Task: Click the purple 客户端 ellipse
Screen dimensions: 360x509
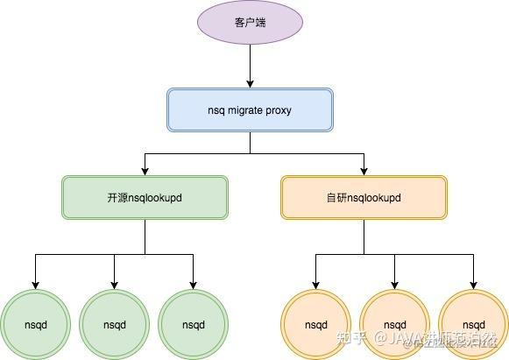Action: tap(250, 21)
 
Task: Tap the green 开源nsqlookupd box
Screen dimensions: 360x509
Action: tap(145, 197)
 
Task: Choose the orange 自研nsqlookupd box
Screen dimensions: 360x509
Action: tap(364, 197)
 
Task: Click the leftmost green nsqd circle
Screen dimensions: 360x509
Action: tap(36, 324)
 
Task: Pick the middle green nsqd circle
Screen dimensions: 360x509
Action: tap(115, 324)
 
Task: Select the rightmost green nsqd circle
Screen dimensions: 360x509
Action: tap(194, 324)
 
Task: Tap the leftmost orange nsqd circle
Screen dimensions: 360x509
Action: tap(316, 324)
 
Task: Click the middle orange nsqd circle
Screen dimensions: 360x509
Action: tap(395, 324)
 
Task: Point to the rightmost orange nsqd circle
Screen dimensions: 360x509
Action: tap(474, 324)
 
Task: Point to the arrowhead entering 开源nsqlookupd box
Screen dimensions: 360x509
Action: tap(145, 169)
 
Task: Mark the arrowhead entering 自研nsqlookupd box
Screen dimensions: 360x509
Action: tap(364, 169)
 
